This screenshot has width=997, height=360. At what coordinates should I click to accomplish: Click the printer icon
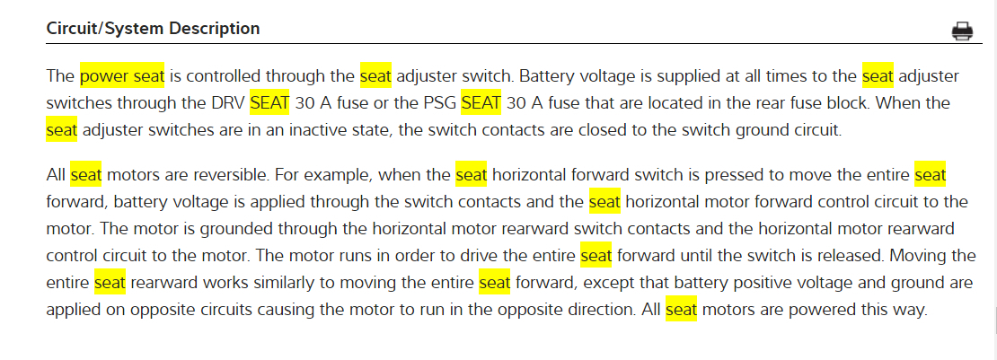click(962, 31)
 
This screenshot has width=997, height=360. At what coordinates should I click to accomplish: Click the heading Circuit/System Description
click(153, 29)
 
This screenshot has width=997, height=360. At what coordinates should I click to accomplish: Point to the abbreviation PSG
click(439, 103)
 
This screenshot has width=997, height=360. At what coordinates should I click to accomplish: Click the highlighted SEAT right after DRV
click(269, 103)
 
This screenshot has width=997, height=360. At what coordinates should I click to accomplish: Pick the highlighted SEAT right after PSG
click(481, 103)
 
